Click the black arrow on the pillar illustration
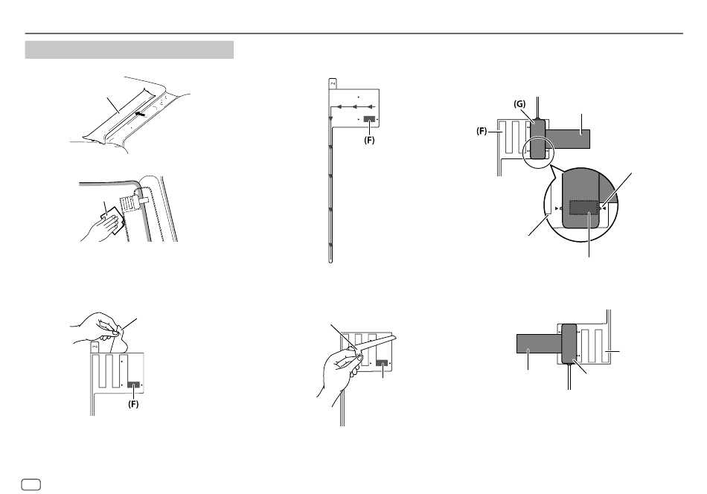point(141,115)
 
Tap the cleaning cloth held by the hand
point(112,219)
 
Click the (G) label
point(519,104)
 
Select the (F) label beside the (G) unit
point(482,131)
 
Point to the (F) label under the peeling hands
point(133,404)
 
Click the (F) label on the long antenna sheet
point(369,140)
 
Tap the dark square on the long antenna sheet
point(369,119)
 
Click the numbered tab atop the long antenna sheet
point(333,83)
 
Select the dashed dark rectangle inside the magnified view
point(584,208)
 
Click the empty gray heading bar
point(129,50)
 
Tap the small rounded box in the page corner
point(31,484)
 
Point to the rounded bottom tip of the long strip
point(330,260)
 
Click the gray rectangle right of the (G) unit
point(568,139)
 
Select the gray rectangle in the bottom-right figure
point(540,344)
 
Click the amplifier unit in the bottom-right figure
point(569,344)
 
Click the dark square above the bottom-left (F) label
point(133,385)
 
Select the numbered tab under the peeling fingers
point(95,347)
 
